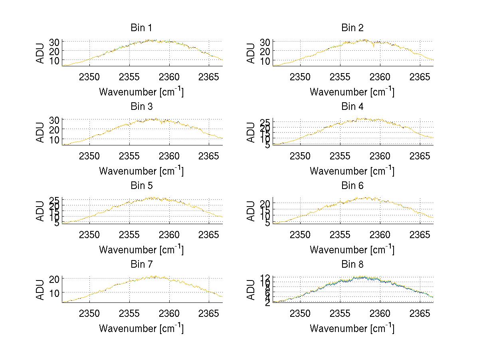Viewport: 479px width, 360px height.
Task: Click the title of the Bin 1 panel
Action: coord(141,28)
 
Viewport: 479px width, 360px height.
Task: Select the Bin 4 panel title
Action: coord(352,107)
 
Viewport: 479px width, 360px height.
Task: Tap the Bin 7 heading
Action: coord(141,264)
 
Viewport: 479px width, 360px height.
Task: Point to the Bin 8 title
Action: coord(352,264)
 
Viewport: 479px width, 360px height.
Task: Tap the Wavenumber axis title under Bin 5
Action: coord(141,250)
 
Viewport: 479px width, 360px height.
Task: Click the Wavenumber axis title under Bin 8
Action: coord(352,328)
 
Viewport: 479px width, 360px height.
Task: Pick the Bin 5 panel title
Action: coord(141,185)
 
